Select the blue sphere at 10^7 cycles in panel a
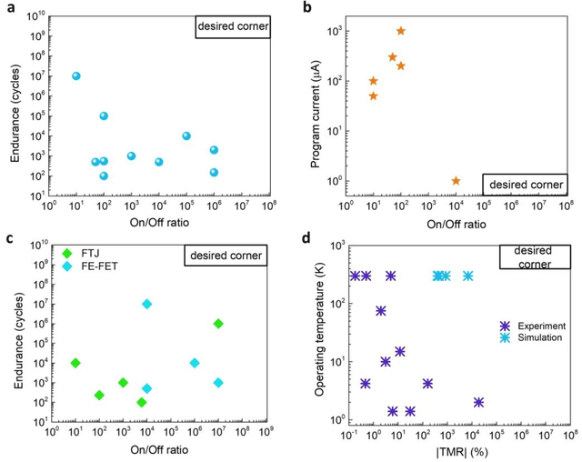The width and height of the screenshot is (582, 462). [76, 76]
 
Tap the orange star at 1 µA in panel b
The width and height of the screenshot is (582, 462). [456, 181]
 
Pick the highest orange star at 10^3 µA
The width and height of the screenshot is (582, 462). [400, 31]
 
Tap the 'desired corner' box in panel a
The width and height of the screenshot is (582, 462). [232, 26]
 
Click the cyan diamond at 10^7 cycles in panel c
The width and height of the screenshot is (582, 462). [146, 304]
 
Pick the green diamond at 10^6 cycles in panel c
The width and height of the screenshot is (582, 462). [218, 324]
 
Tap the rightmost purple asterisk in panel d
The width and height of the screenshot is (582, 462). [478, 402]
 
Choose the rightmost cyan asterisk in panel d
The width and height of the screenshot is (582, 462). [467, 276]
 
